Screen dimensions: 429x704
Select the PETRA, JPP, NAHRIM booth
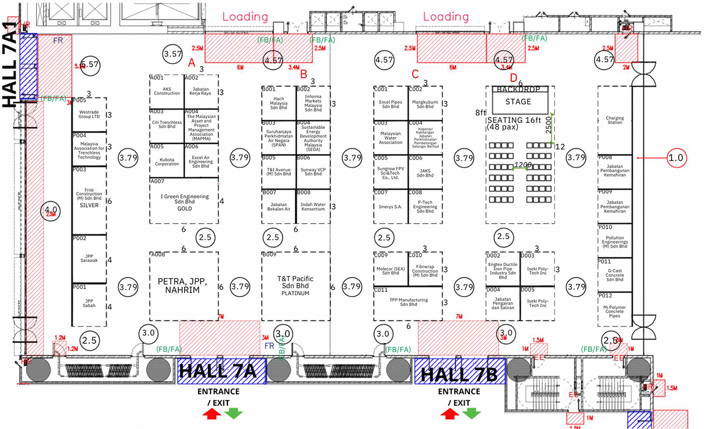point(184,285)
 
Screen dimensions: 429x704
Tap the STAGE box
point(518,102)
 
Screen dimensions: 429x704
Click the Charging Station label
point(615,120)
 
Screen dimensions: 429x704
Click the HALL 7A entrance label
point(221,372)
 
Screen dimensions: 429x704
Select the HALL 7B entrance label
point(459,372)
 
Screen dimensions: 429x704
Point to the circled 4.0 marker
point(50,209)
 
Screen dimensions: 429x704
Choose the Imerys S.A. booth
point(390,206)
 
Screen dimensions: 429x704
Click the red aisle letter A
point(191,63)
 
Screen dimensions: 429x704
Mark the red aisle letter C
point(415,73)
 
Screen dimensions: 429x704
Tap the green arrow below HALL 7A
point(234,413)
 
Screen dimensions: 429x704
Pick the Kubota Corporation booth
point(166,161)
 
